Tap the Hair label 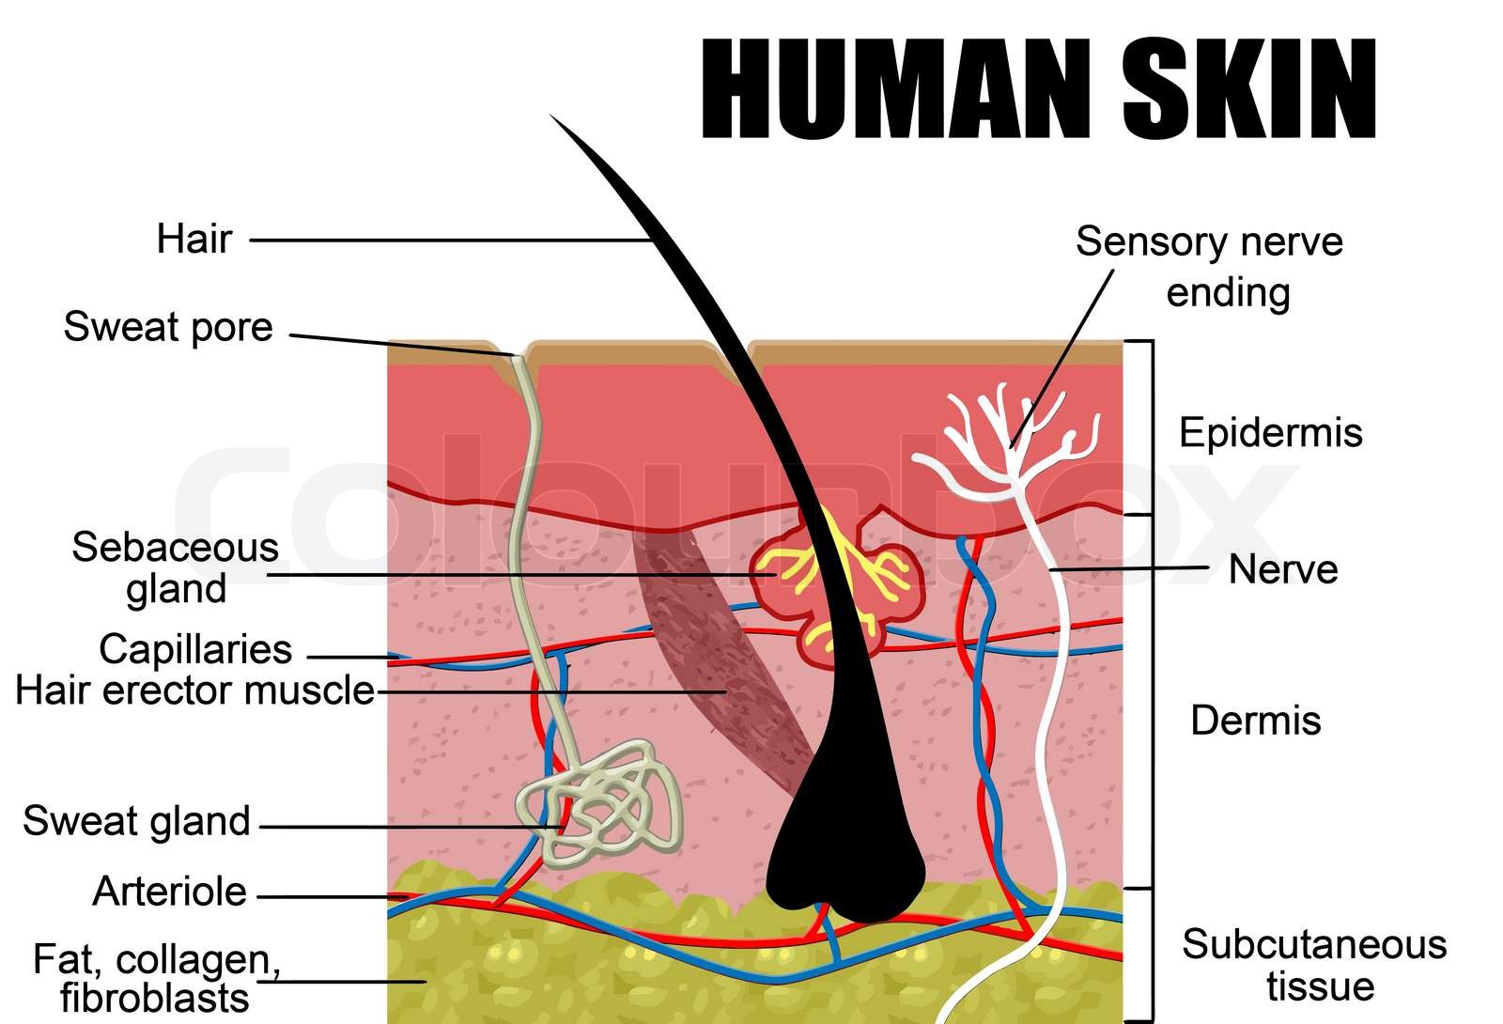(x=194, y=239)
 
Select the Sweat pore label (x=168, y=327)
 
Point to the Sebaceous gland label (x=176, y=567)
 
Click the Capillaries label (x=195, y=649)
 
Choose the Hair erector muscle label (x=194, y=690)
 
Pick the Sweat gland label (x=137, y=821)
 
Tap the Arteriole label (x=170, y=891)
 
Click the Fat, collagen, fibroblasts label (x=156, y=978)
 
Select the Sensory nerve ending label (x=1210, y=267)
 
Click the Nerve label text (x=1283, y=569)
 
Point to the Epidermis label (x=1270, y=433)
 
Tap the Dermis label (x=1256, y=721)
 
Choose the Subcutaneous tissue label (x=1314, y=965)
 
